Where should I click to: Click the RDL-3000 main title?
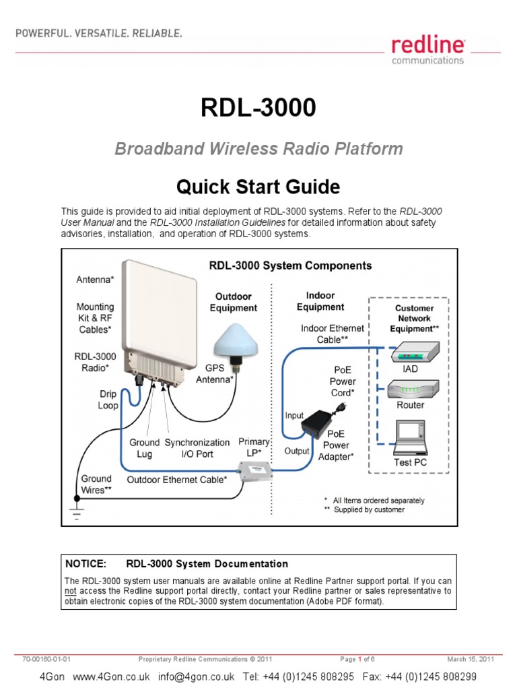click(258, 108)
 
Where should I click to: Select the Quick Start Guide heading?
click(258, 186)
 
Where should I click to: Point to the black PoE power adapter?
click(323, 425)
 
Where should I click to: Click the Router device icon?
click(411, 389)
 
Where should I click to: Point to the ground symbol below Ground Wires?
click(76, 513)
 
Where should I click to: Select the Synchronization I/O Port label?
click(197, 448)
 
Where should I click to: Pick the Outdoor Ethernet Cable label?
click(178, 479)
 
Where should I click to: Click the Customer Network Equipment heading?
click(414, 318)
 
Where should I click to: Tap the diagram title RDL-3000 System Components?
click(289, 265)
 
